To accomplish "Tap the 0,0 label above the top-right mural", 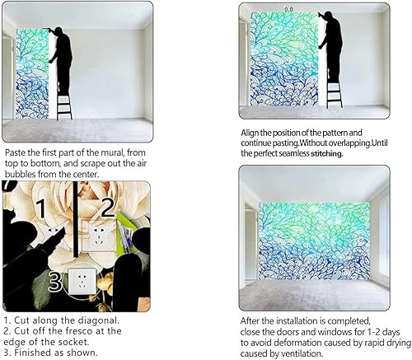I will [288, 8].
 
